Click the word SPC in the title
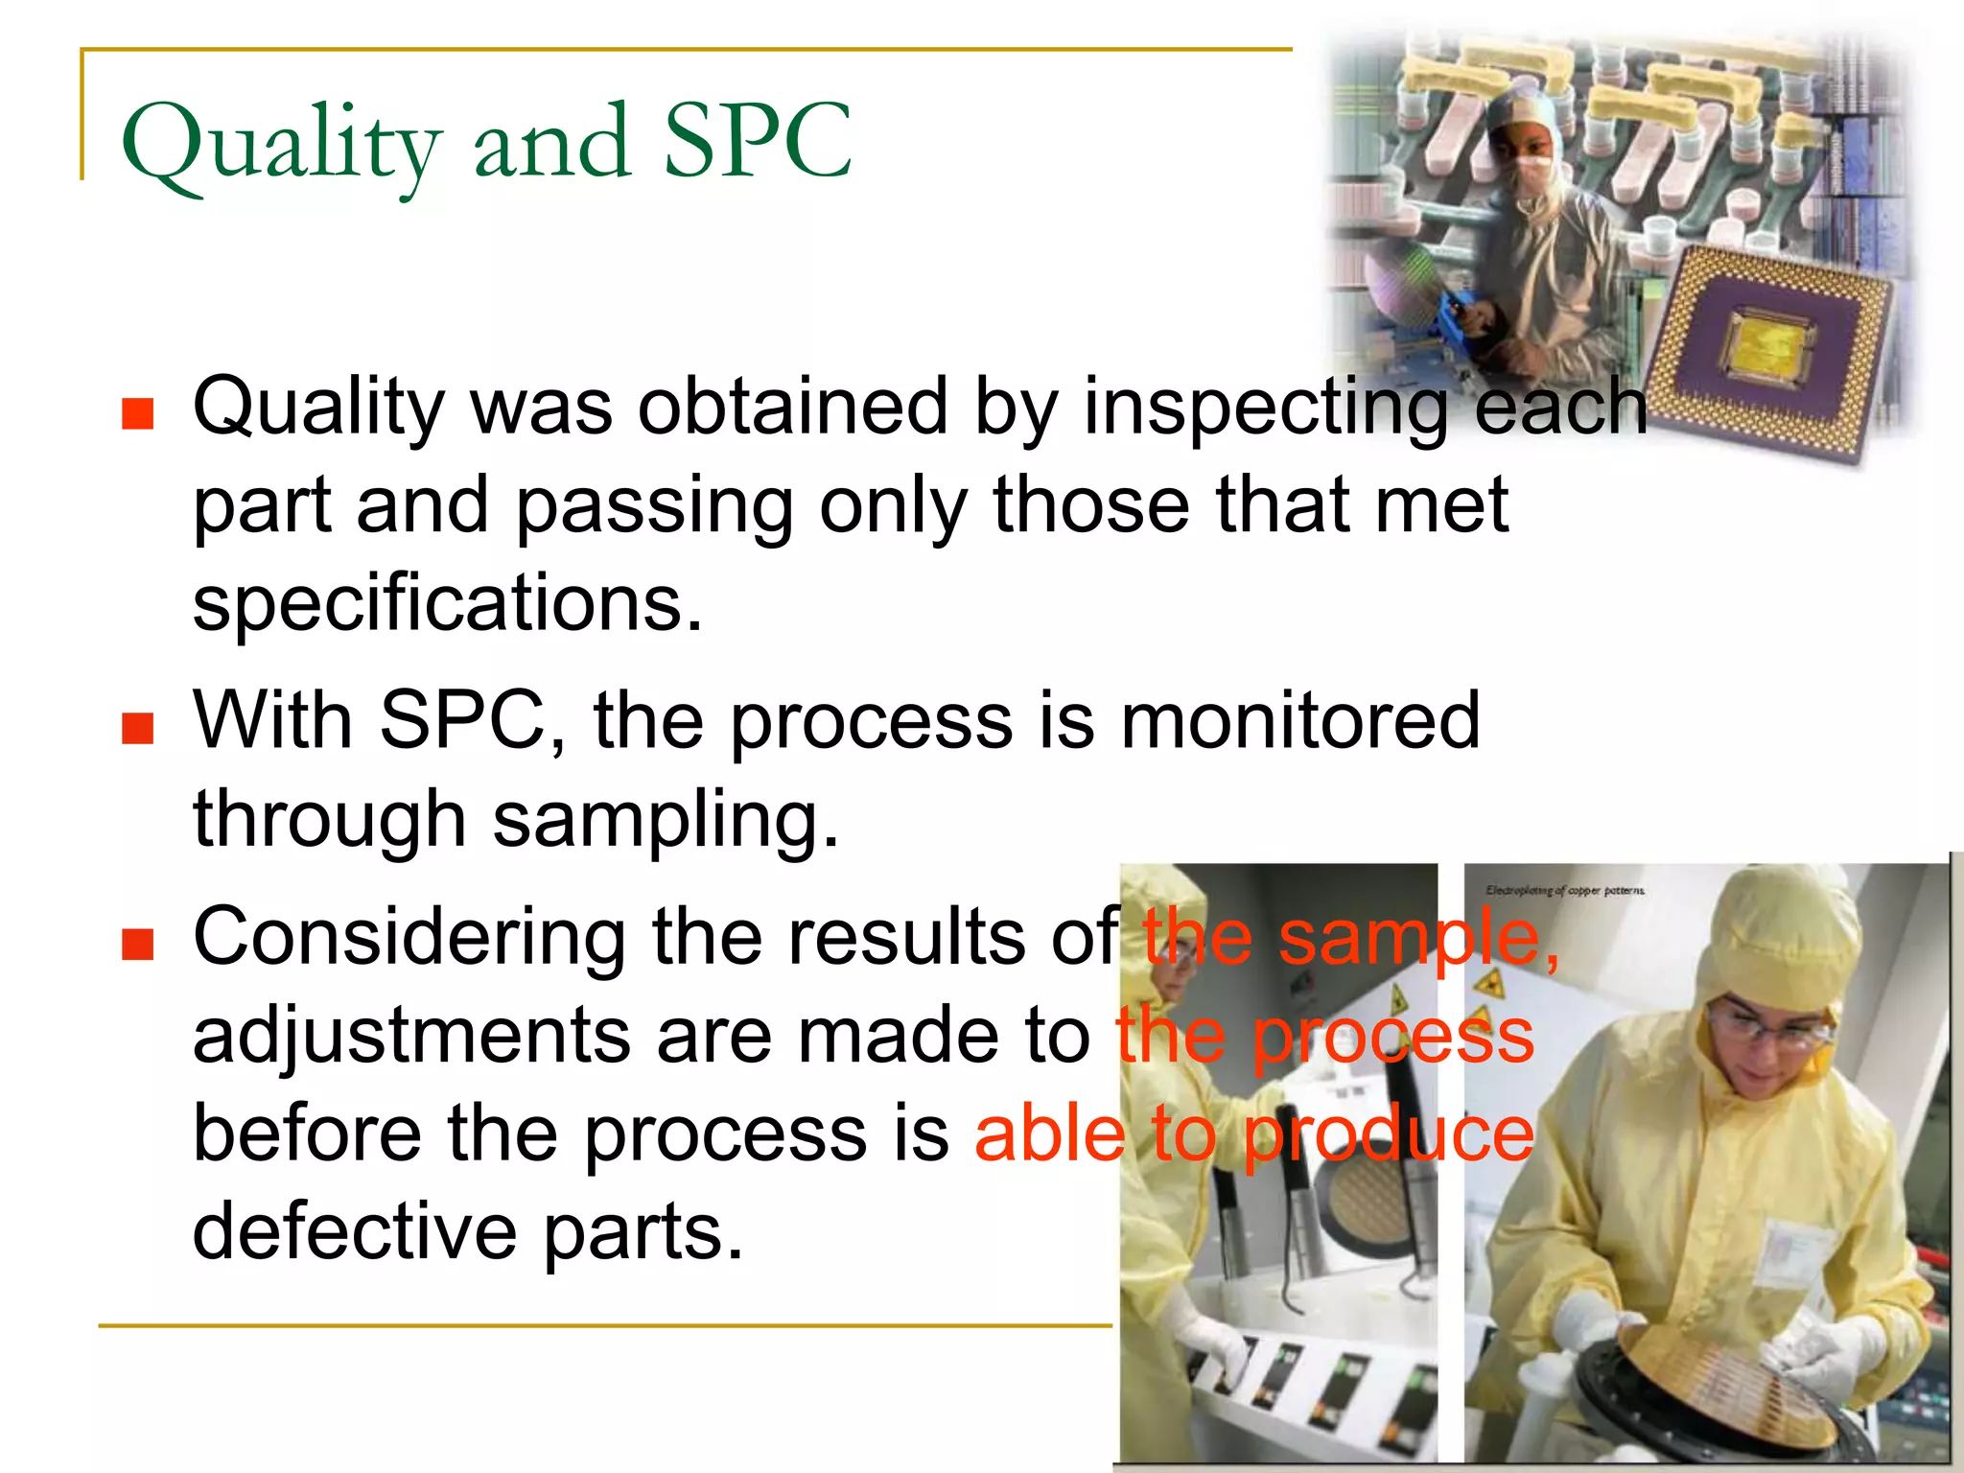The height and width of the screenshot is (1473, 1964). tap(757, 142)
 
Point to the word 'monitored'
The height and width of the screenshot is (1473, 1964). tap(1299, 720)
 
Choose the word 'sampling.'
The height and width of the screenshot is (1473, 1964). tap(666, 820)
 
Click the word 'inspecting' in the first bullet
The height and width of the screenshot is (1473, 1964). tap(1265, 407)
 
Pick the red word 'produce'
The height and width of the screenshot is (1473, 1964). tap(1389, 1134)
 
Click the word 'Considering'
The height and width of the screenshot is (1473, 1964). tap(409, 938)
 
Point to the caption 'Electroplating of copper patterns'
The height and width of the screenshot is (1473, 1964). tap(1564, 891)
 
